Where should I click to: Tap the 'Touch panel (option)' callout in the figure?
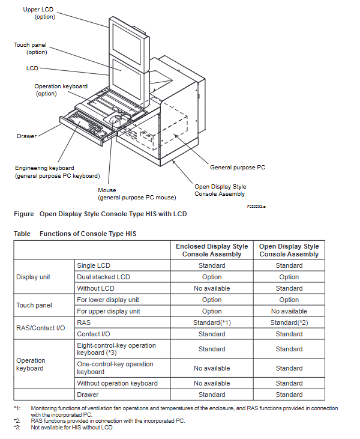31,49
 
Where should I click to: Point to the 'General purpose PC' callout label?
237,168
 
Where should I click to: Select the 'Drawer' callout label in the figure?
26,136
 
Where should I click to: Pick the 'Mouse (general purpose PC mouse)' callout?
137,194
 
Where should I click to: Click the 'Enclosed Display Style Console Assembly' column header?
212,250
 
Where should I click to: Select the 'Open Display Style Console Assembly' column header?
289,250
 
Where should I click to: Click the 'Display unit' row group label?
33,277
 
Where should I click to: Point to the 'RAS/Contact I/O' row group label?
40,328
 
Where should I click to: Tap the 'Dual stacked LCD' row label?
103,277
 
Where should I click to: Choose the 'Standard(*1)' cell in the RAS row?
212,322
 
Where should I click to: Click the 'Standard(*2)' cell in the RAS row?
289,322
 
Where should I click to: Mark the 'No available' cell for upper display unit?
289,311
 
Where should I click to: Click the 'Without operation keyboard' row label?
117,383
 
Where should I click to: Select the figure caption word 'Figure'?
23,214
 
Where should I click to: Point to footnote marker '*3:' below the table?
17,427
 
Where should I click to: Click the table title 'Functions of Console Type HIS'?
88,234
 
